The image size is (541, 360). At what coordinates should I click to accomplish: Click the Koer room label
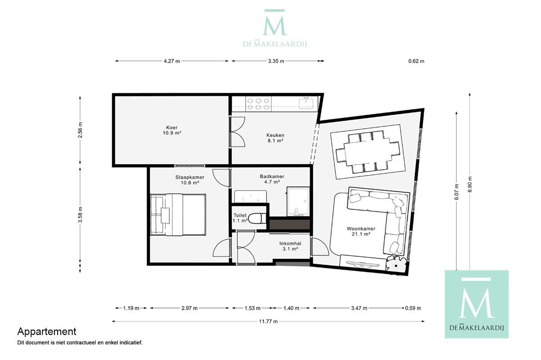coord(172,130)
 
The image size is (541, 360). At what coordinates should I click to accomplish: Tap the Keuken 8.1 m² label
coord(275,138)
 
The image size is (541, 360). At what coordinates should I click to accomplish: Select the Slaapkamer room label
coord(190,180)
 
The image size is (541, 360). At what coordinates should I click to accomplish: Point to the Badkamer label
coord(272,179)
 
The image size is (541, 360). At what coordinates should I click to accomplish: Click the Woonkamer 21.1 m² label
coord(361,231)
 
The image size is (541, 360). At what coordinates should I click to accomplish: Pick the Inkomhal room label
coord(290,246)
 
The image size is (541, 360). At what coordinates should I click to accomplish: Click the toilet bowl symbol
coord(257,218)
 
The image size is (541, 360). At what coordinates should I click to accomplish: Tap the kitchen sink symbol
coord(306,103)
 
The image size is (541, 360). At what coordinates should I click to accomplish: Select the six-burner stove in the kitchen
coord(258,104)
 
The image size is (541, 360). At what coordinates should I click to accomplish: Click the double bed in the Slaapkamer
coord(178,214)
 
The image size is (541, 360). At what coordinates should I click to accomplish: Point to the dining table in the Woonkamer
coord(368,152)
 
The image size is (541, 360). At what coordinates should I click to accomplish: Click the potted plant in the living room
coord(396,265)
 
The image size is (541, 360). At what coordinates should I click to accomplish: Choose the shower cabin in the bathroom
coord(298,201)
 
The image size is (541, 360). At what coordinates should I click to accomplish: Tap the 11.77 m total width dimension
coord(268,321)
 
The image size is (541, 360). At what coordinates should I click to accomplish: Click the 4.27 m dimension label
coord(172,61)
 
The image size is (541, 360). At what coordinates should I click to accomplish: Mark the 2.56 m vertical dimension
coord(80,130)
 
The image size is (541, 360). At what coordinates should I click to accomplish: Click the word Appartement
coord(47,332)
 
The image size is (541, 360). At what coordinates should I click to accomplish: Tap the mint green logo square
coord(477,304)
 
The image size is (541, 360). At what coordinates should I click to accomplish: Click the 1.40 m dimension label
coord(291,308)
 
